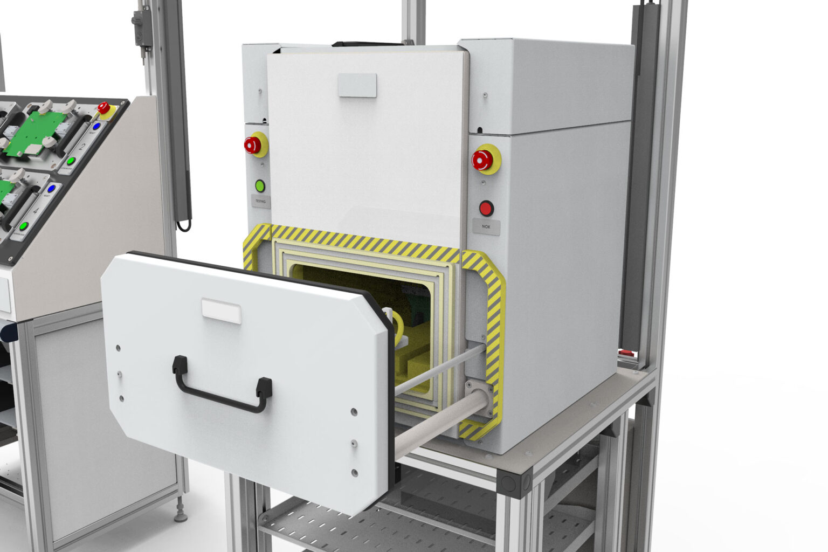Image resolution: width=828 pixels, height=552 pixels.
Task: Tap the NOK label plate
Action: (x=486, y=227)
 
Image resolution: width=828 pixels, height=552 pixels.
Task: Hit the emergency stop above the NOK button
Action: (x=483, y=159)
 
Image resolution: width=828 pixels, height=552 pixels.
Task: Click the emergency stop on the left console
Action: (x=103, y=108)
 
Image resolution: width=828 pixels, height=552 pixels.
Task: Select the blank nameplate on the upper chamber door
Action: (x=357, y=85)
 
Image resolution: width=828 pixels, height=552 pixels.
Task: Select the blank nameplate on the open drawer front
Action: (x=221, y=311)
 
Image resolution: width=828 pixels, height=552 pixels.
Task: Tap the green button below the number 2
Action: (x=71, y=161)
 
